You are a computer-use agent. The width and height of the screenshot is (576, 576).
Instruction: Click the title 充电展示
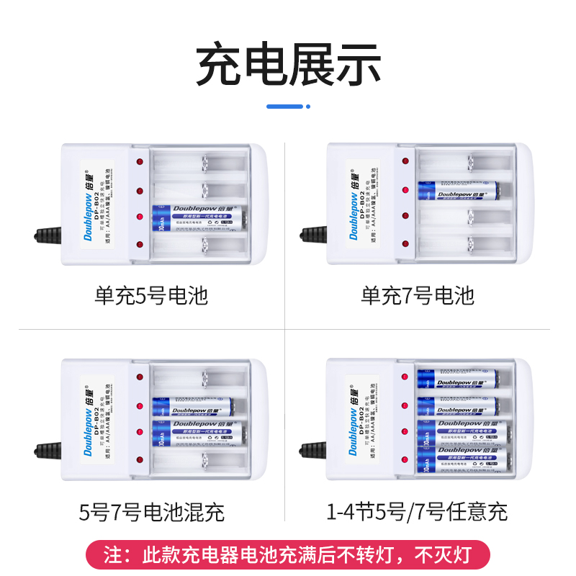[288, 66]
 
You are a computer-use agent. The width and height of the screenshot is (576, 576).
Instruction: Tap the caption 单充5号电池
[151, 295]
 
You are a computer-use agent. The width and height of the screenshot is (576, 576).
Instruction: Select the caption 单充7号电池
[418, 295]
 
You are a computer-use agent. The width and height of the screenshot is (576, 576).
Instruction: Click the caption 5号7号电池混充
[151, 512]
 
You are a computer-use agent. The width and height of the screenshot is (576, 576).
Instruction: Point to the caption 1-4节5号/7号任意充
[418, 512]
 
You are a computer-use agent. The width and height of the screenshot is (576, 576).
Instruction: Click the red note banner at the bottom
[288, 555]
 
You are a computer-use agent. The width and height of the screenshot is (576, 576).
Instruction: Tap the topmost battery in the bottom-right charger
[459, 378]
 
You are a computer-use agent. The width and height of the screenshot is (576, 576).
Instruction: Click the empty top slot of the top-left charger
[198, 163]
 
